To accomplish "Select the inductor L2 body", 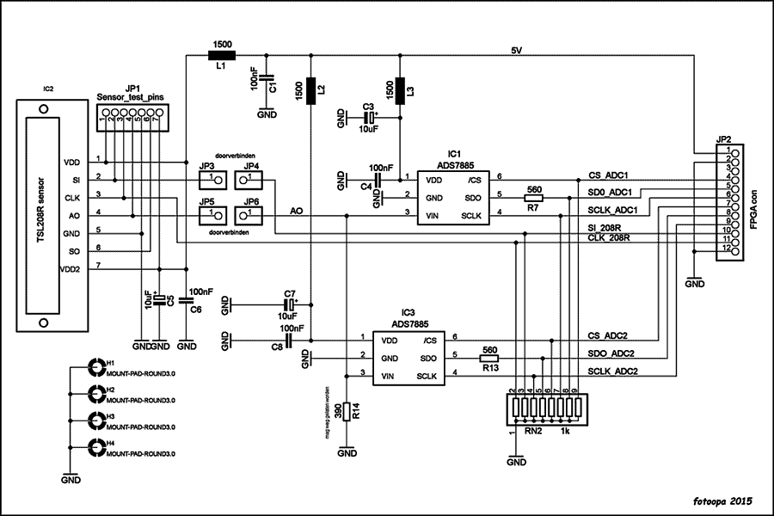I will tap(310, 89).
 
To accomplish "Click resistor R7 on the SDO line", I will tap(533, 198).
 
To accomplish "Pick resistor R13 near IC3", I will tap(489, 359).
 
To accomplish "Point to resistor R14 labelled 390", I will tap(346, 410).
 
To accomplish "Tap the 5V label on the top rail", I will tap(516, 51).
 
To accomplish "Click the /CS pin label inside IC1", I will tap(474, 181).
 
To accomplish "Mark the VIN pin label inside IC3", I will tap(389, 376).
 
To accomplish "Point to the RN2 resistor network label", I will tap(533, 432).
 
